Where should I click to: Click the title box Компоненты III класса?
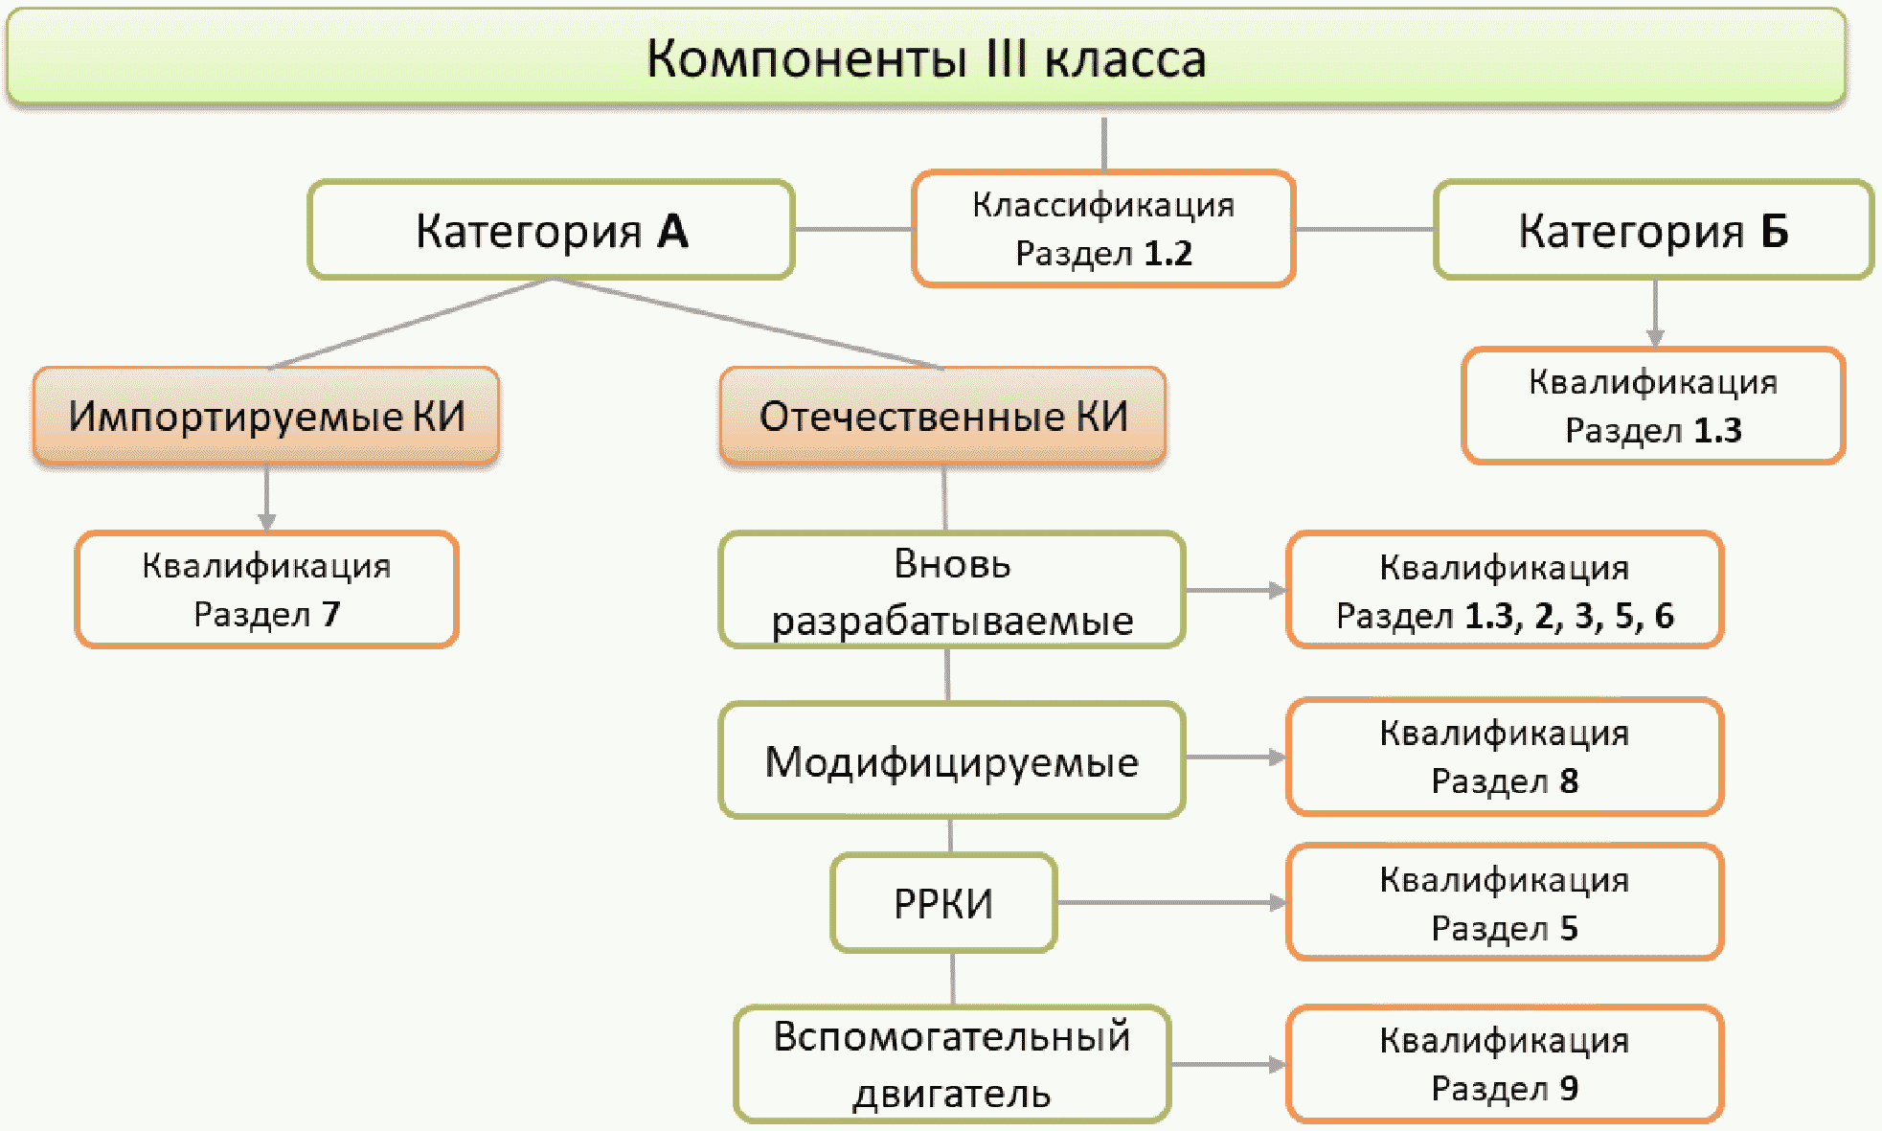tap(925, 57)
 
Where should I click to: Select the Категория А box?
tap(551, 231)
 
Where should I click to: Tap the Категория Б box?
tap(1653, 231)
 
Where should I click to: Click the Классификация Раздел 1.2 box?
tap(1103, 229)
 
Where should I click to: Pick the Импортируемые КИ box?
tap(266, 417)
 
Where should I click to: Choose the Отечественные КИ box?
tap(943, 417)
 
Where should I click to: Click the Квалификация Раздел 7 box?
tap(266, 590)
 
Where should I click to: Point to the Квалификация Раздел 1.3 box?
tap(1653, 406)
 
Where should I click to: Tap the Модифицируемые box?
tap(952, 762)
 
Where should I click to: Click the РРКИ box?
tap(943, 903)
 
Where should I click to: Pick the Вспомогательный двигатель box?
tap(952, 1064)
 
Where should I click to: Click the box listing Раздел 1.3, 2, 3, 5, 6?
tap(1505, 591)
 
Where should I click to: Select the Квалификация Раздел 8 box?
tap(1505, 757)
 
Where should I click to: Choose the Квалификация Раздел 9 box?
tap(1505, 1064)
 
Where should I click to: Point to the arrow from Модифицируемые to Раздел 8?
tap(1236, 757)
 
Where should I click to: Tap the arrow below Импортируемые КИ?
tap(266, 498)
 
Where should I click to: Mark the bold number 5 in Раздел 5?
tap(1569, 928)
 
